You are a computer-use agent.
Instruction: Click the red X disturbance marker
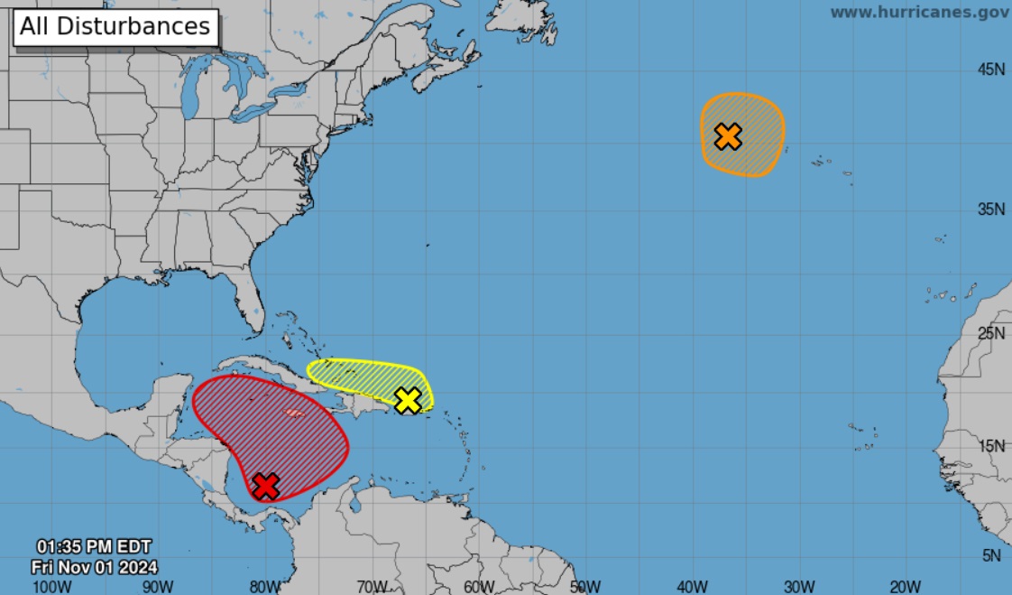pos(265,486)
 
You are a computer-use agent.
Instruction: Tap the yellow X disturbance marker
pos(409,400)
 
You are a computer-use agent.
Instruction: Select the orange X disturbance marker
pos(728,136)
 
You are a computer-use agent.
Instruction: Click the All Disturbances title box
pos(115,26)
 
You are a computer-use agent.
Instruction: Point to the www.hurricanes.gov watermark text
pos(919,12)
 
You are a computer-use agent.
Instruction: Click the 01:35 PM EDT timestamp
pos(94,546)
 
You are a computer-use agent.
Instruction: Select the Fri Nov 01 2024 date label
pos(94,567)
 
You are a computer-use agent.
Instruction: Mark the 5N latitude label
pos(994,556)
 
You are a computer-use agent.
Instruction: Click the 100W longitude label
pos(51,586)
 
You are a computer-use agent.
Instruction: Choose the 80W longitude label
pos(265,586)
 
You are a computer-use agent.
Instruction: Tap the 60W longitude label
pos(479,586)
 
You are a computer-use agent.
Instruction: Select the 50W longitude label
pos(585,586)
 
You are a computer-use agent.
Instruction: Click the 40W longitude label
pos(692,586)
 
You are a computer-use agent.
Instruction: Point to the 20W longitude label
pos(905,586)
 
